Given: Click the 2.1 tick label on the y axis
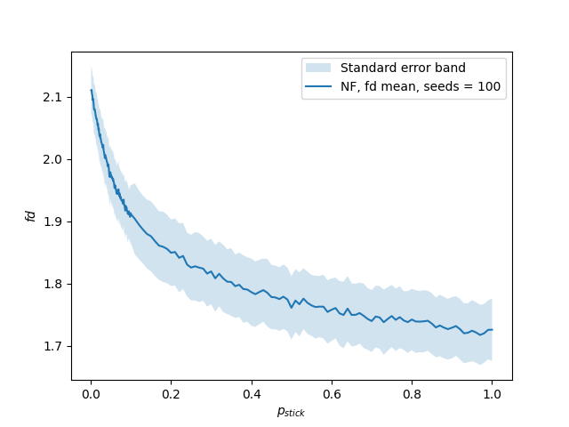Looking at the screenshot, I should (53, 97).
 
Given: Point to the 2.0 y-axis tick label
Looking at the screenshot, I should (53, 159).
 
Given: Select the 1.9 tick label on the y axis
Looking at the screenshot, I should (53, 222).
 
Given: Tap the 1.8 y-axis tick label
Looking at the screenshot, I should (53, 284).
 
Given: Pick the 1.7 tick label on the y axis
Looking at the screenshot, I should (53, 346).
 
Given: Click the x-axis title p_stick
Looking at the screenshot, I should (292, 413).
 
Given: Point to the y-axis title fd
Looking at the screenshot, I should (30, 216).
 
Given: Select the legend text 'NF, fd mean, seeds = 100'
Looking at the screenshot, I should (421, 87).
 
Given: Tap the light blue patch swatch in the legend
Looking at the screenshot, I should (318, 68).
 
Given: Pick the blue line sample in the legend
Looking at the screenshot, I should (318, 87).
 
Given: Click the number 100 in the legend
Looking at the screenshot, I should (489, 87).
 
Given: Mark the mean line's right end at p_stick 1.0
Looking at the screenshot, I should (492, 330).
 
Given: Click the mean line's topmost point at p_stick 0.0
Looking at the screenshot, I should (91, 89).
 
